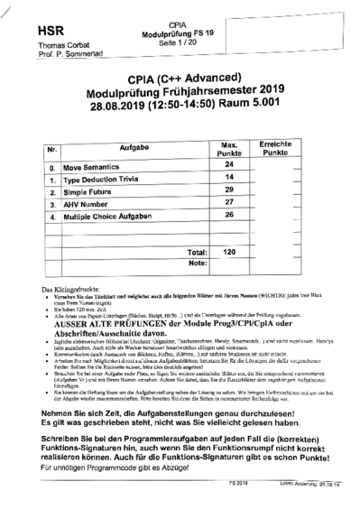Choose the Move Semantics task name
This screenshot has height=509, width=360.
click(x=97, y=168)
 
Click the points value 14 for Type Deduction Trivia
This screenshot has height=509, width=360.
click(x=228, y=179)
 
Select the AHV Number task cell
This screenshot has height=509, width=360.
click(x=91, y=205)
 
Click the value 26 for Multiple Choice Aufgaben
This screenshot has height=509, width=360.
click(x=228, y=216)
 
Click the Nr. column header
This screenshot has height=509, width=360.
click(x=53, y=147)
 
